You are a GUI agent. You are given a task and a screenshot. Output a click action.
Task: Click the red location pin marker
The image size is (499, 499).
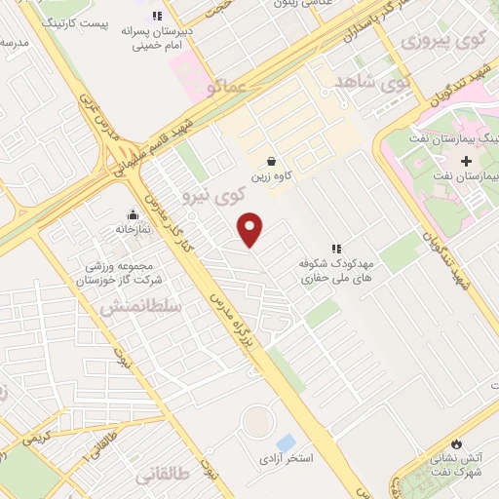(x=251, y=229)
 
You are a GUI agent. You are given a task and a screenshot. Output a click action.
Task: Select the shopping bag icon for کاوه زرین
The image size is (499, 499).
(x=271, y=162)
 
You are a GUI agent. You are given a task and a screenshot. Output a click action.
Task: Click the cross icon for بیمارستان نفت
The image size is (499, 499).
(x=466, y=160)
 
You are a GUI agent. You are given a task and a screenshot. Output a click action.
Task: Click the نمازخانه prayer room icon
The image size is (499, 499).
(x=133, y=214)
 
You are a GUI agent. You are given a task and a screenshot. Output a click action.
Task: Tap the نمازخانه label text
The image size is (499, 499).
(x=134, y=231)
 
